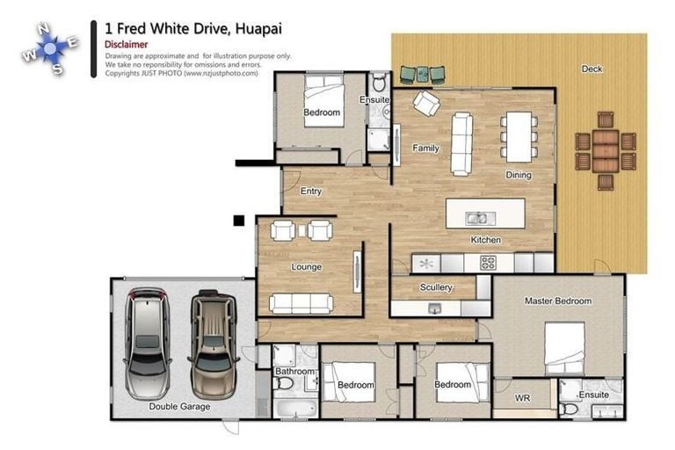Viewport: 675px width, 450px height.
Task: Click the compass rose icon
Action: tap(50, 49)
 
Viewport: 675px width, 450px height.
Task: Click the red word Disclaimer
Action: tap(126, 44)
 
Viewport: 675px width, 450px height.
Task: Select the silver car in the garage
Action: tap(148, 342)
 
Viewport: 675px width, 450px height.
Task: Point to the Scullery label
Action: tap(436, 287)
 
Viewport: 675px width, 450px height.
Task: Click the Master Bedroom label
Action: tap(557, 301)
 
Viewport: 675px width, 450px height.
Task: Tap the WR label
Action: tap(522, 398)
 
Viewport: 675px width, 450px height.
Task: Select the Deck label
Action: tap(592, 69)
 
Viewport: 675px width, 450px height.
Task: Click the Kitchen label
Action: tap(485, 240)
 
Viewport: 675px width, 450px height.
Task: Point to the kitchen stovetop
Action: tap(488, 262)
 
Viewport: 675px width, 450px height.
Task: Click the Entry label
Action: tap(311, 192)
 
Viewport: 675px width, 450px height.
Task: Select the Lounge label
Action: tap(306, 266)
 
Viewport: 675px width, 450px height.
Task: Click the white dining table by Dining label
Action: tap(519, 135)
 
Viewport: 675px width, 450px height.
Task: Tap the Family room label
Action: tap(425, 149)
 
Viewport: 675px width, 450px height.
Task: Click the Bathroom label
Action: tap(294, 372)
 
